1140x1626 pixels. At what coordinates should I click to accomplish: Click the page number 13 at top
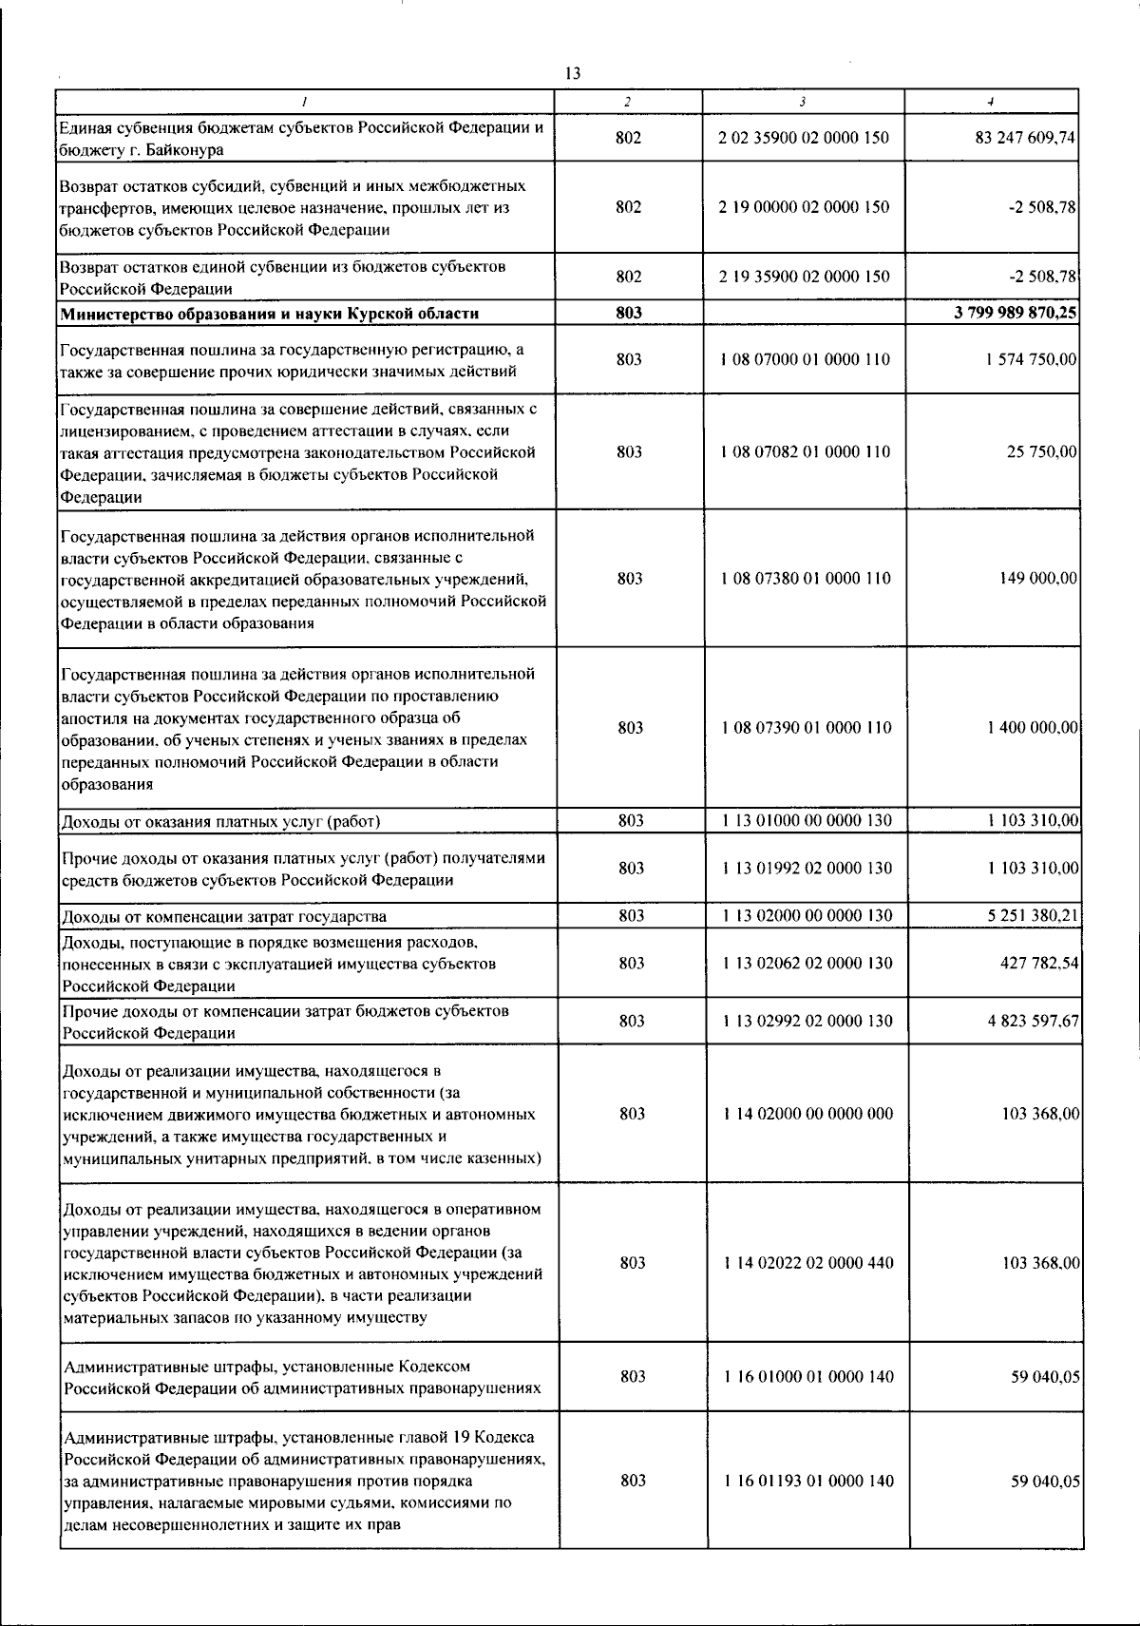click(572, 73)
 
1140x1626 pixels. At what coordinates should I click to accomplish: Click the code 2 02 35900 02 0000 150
click(804, 138)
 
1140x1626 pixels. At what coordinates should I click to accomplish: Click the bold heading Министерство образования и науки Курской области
click(270, 314)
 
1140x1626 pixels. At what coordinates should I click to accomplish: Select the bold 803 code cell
click(629, 313)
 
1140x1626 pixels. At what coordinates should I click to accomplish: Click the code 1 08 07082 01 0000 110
click(806, 451)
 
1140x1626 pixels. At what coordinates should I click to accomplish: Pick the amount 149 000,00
click(1038, 578)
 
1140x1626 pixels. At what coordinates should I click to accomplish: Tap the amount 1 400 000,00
click(1031, 727)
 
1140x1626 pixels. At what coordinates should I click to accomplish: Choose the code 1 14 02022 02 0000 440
click(808, 1262)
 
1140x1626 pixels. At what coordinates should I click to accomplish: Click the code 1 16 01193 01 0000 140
click(808, 1481)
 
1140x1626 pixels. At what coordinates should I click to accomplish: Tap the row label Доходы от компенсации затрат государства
click(223, 916)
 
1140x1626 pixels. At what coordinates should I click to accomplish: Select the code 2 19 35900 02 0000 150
click(805, 277)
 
